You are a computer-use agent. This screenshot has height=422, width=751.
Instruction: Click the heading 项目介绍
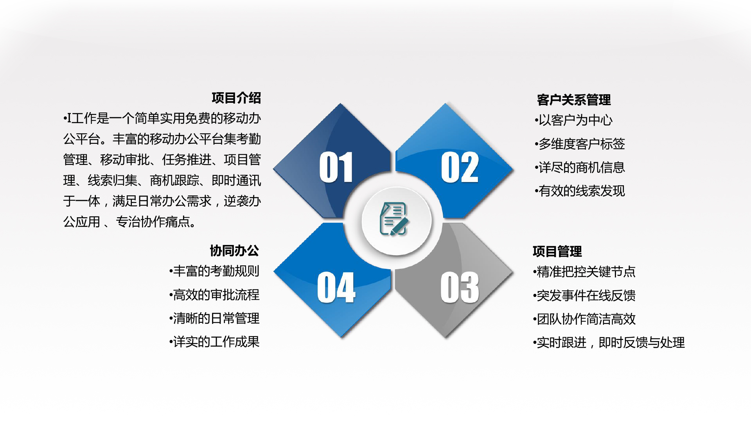[x=236, y=98]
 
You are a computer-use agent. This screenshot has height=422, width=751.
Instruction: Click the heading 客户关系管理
[x=574, y=100]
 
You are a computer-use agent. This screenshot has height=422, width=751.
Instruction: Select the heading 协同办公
[x=234, y=250]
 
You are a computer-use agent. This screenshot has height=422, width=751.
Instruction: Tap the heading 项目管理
[x=557, y=251]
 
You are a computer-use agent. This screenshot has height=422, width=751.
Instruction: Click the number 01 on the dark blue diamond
[x=336, y=167]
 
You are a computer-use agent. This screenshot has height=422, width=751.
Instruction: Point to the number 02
[x=460, y=167]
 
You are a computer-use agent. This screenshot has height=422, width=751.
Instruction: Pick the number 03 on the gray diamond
[x=460, y=288]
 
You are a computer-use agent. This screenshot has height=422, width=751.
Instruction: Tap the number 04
[x=336, y=288]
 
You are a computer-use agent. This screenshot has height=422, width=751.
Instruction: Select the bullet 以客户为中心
[x=574, y=120]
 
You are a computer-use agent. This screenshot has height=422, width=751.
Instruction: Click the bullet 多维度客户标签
[x=580, y=144]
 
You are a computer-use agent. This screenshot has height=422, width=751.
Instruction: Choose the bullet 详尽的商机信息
[x=580, y=167]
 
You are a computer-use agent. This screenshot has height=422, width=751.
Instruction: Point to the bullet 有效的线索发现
[x=580, y=191]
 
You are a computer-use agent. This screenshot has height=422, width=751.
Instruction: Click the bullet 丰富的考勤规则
[x=214, y=271]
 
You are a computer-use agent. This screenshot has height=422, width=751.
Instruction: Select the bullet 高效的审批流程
[x=214, y=295]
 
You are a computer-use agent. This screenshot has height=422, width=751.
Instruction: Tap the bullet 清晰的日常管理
[x=214, y=318]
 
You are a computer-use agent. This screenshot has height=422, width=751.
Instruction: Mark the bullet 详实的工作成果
[x=214, y=342]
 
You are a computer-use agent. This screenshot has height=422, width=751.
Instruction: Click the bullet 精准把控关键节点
[x=584, y=272]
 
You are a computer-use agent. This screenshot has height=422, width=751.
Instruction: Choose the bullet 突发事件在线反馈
[x=584, y=295]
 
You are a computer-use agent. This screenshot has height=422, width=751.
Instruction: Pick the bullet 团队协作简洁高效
[x=584, y=319]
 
